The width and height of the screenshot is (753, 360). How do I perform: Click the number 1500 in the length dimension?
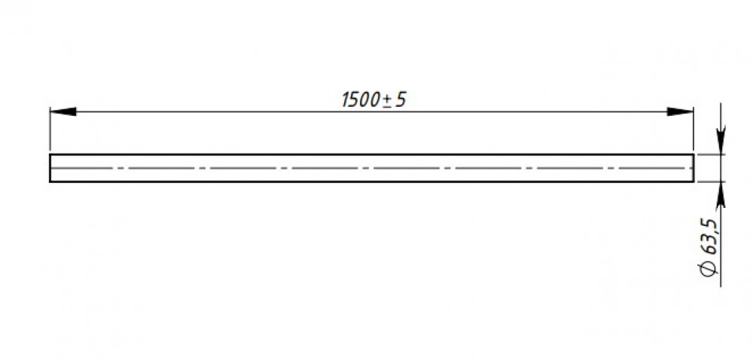[x=361, y=100]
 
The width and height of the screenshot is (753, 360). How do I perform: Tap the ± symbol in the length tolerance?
[x=387, y=100]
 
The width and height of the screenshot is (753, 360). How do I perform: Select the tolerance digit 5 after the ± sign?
[x=401, y=100]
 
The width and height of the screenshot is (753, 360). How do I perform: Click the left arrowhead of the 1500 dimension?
[x=63, y=111]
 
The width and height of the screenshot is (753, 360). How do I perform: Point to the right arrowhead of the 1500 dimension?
[x=680, y=111]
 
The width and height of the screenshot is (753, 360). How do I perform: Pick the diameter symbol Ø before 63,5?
[x=709, y=269]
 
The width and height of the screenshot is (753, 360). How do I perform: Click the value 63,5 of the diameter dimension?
[x=709, y=237]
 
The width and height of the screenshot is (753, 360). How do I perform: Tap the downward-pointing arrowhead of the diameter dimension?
[x=721, y=141]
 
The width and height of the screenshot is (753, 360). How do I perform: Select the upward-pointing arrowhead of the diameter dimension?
[x=721, y=195]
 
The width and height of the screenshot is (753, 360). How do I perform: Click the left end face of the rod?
[x=50, y=168]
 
